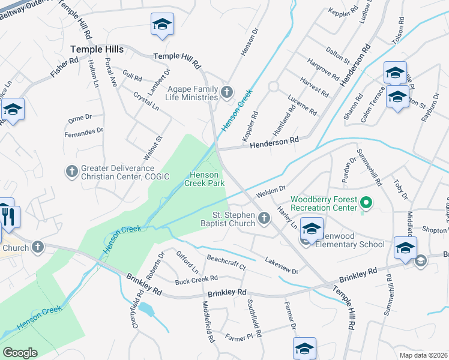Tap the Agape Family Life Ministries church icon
point(226,92)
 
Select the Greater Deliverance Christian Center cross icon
point(71,172)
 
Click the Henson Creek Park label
point(207,178)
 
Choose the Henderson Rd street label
point(274,142)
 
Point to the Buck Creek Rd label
point(196,280)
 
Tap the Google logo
point(19,352)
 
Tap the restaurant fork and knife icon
point(10,217)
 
